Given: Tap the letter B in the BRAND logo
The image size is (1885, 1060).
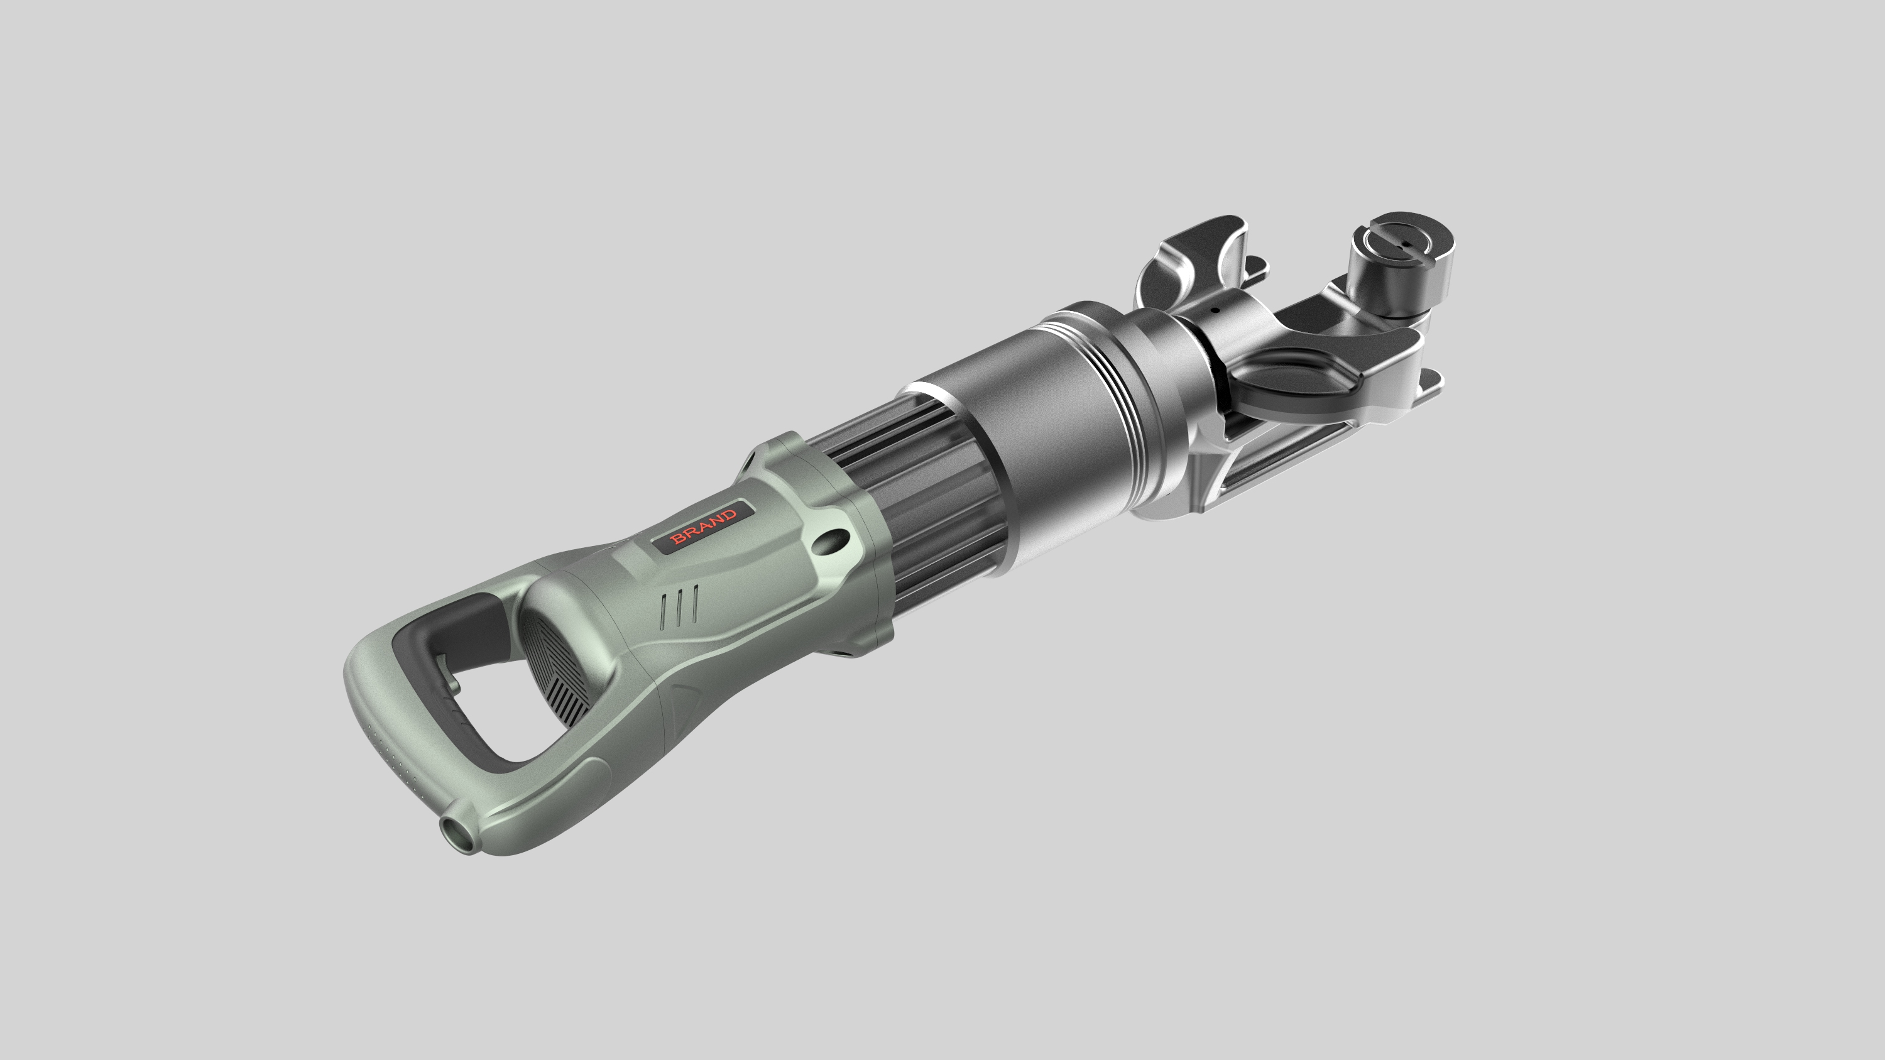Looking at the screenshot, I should click(x=677, y=540).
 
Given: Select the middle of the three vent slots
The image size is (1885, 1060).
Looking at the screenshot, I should click(x=680, y=606).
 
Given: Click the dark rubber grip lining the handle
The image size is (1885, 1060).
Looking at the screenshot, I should click(x=439, y=644).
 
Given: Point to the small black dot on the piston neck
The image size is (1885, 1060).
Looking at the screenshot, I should click(x=1215, y=309).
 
